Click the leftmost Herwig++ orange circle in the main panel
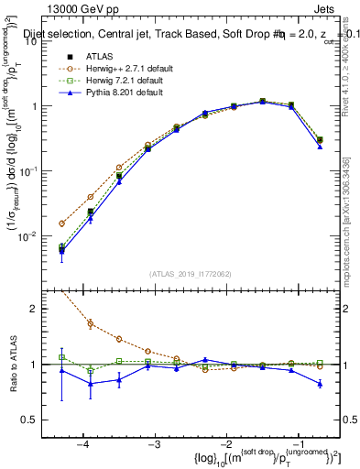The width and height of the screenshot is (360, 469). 61,224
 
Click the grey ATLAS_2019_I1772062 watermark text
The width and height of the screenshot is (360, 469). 184,273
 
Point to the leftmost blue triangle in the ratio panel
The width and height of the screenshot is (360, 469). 61,370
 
